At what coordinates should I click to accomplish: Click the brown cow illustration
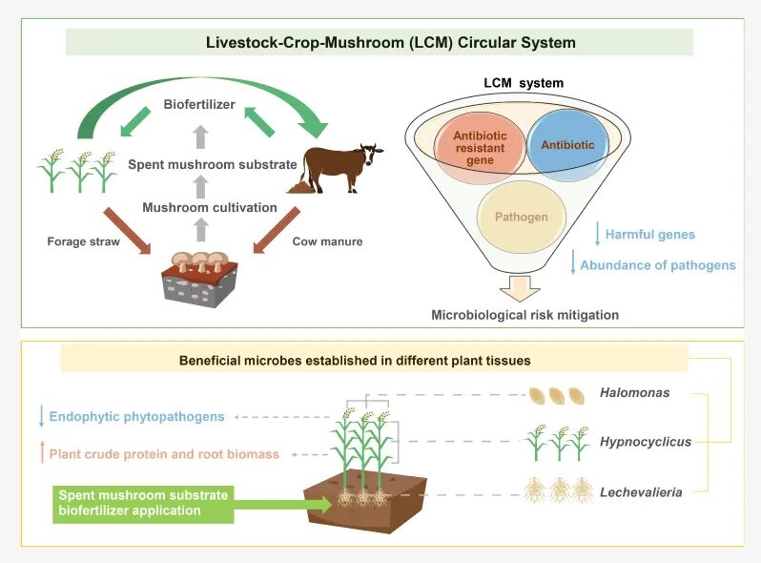tap(339, 168)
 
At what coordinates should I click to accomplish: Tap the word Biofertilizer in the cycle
tap(199, 104)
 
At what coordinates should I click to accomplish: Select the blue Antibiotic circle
tap(567, 145)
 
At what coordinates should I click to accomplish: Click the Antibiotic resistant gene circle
tap(480, 148)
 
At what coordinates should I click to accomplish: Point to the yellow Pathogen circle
tap(522, 217)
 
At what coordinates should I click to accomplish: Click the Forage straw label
tap(84, 241)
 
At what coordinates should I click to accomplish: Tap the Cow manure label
tap(327, 241)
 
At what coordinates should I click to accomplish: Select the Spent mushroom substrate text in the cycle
tap(213, 165)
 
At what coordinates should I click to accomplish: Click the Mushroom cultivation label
tap(210, 207)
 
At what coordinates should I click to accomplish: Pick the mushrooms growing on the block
tap(200, 261)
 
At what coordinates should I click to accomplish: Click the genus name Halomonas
tap(634, 392)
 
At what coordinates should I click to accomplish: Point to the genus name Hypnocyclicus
tap(646, 442)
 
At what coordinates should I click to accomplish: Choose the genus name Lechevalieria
tap(641, 492)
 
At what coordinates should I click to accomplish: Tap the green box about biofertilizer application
tap(143, 504)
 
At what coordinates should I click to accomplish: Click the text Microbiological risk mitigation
tap(525, 315)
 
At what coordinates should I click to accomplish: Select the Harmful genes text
tap(649, 235)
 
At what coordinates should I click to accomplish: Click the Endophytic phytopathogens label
tap(137, 417)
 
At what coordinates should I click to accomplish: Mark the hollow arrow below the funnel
tap(520, 288)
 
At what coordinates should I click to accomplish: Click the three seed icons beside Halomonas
tap(557, 396)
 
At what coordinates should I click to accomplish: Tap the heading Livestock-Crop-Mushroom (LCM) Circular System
tap(391, 42)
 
